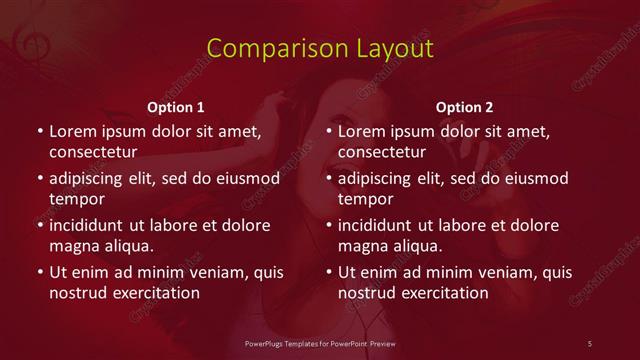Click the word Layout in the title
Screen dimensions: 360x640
click(x=386, y=49)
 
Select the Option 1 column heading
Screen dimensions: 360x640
click(x=176, y=106)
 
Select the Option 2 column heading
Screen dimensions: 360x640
click(x=465, y=106)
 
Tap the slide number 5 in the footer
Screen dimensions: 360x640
click(x=590, y=343)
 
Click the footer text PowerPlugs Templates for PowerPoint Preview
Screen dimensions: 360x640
click(x=320, y=343)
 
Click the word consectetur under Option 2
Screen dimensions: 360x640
click(x=383, y=152)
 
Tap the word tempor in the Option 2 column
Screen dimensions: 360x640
click(x=364, y=199)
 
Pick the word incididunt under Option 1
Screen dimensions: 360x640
click(x=91, y=225)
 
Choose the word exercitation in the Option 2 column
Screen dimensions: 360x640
click(x=443, y=293)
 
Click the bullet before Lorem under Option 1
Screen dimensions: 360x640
click(x=39, y=131)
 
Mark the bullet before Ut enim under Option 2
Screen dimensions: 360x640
click(x=329, y=272)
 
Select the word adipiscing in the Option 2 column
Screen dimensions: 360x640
click(x=379, y=178)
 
